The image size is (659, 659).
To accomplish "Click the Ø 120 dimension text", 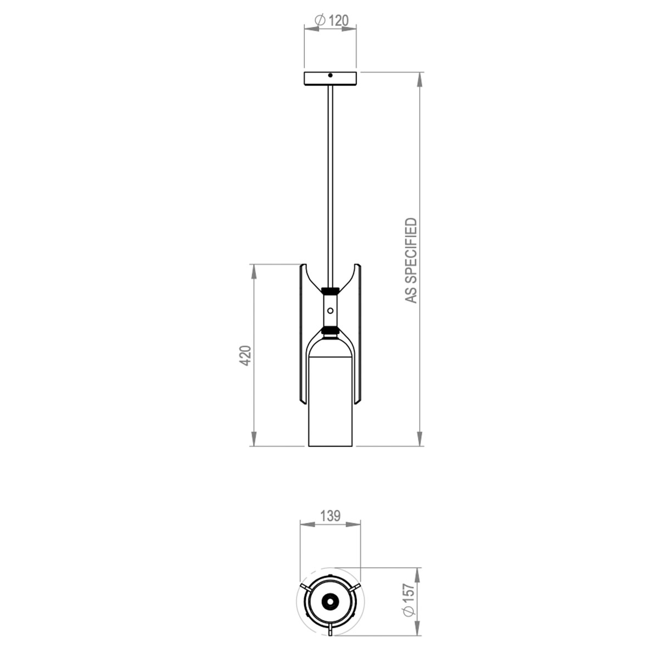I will pyautogui.click(x=331, y=20).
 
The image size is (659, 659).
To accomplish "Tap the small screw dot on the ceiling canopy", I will pyautogui.click(x=330, y=75).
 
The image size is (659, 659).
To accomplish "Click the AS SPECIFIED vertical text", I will pyautogui.click(x=411, y=261).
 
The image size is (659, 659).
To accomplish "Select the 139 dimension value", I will pyautogui.click(x=331, y=516).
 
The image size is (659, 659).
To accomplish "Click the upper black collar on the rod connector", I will pyautogui.click(x=330, y=289).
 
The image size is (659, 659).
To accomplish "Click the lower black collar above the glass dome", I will pyautogui.click(x=330, y=331).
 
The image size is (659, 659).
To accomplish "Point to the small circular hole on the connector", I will pyautogui.click(x=330, y=310).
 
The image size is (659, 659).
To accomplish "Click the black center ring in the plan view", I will pyautogui.click(x=330, y=602).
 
